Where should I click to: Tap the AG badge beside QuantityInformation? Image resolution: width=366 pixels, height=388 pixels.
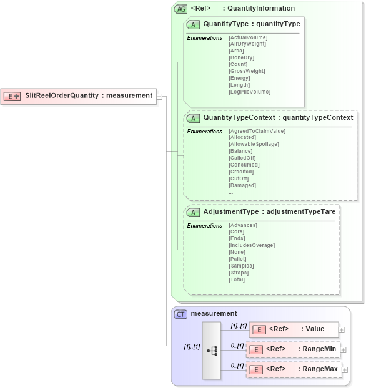point(181,9)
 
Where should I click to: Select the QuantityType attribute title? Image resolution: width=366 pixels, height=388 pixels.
point(251,24)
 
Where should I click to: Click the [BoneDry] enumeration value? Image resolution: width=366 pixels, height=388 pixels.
point(241,57)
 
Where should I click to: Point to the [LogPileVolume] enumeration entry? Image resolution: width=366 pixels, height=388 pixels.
point(249,92)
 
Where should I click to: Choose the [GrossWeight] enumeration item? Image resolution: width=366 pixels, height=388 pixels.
point(247,71)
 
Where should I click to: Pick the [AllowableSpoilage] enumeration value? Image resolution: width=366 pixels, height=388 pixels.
point(254,144)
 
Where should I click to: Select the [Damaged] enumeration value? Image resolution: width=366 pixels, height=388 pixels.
point(242,185)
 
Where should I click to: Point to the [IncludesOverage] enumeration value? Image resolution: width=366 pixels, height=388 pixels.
point(251,245)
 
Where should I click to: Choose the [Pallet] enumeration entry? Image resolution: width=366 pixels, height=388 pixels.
point(238,259)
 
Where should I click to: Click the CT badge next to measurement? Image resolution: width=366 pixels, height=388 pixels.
point(181,314)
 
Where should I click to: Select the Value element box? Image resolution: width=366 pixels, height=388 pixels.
point(294,329)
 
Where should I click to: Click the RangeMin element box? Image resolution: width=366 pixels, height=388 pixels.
point(293,349)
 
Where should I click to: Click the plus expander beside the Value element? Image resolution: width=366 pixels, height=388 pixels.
point(342,329)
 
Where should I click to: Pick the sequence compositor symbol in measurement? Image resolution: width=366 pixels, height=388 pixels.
point(212,351)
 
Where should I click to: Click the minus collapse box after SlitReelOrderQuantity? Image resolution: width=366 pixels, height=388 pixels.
point(159,96)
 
